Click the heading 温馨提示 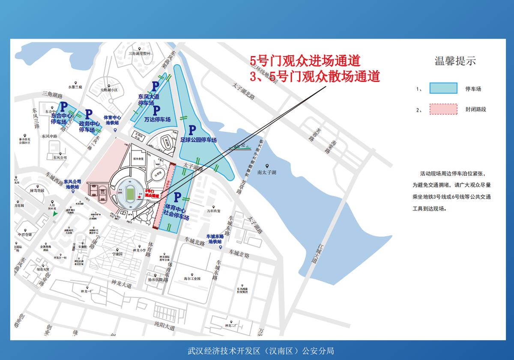point(455,61)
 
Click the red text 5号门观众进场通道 point(305,60)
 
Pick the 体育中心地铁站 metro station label point(112,120)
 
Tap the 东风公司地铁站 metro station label point(72,184)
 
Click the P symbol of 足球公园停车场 point(192,129)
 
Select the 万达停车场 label point(157,119)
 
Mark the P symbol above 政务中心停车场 point(88,114)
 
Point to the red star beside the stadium point(139,198)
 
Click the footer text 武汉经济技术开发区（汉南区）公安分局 point(260,351)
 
